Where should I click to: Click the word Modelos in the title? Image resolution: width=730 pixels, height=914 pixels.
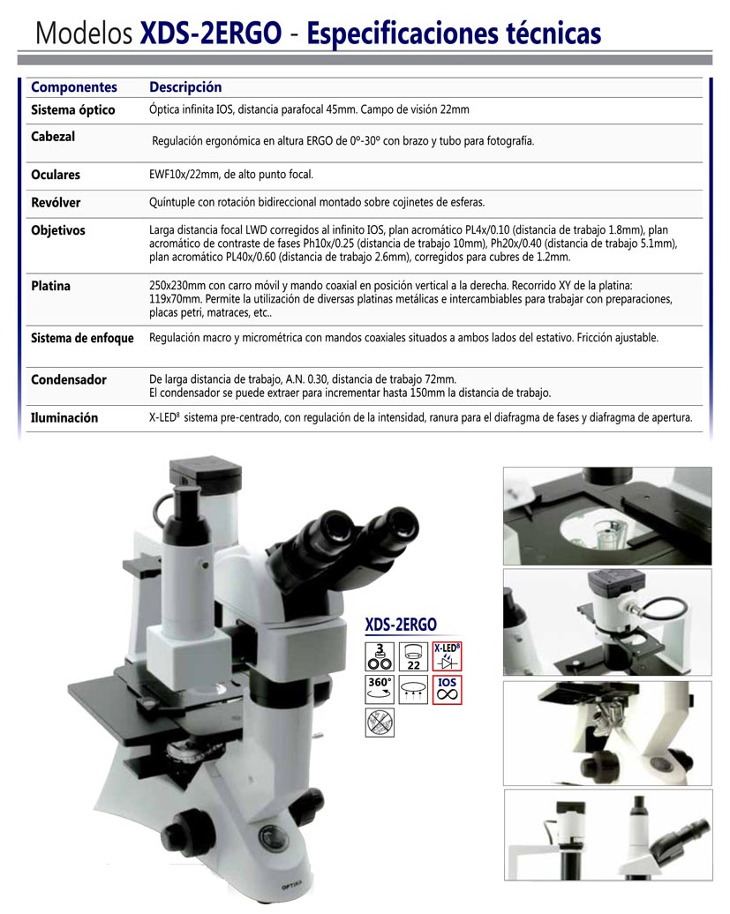pos(84,34)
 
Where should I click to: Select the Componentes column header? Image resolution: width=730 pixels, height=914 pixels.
pos(74,86)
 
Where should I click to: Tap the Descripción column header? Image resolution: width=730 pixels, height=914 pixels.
pos(185,87)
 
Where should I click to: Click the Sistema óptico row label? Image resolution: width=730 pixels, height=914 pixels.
pos(73,109)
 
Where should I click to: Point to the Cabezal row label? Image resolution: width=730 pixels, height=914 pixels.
pos(53,137)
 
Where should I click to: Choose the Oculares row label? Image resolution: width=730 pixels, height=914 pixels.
pos(56,175)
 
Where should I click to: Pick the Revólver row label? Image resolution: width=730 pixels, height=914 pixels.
pos(56,202)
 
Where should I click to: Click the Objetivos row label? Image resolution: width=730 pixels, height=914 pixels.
pos(57,231)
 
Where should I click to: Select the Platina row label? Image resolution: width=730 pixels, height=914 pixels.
pos(50,286)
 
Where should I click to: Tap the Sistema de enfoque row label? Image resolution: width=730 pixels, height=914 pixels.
pos(82,338)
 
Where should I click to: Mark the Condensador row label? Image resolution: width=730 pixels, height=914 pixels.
pos(69,379)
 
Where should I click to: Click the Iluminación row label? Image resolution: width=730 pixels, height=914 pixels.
pos(64,417)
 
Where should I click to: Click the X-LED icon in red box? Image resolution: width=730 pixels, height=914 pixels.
pos(448,656)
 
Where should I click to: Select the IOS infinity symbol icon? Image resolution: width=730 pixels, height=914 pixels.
pos(448,690)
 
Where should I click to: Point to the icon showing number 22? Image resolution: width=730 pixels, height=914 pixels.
pos(413,656)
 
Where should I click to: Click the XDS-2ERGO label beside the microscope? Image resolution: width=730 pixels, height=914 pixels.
pos(401,625)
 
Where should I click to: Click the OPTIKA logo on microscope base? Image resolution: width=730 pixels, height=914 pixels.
pos(291,888)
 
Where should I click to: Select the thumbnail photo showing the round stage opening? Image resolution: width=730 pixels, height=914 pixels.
pos(607,516)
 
